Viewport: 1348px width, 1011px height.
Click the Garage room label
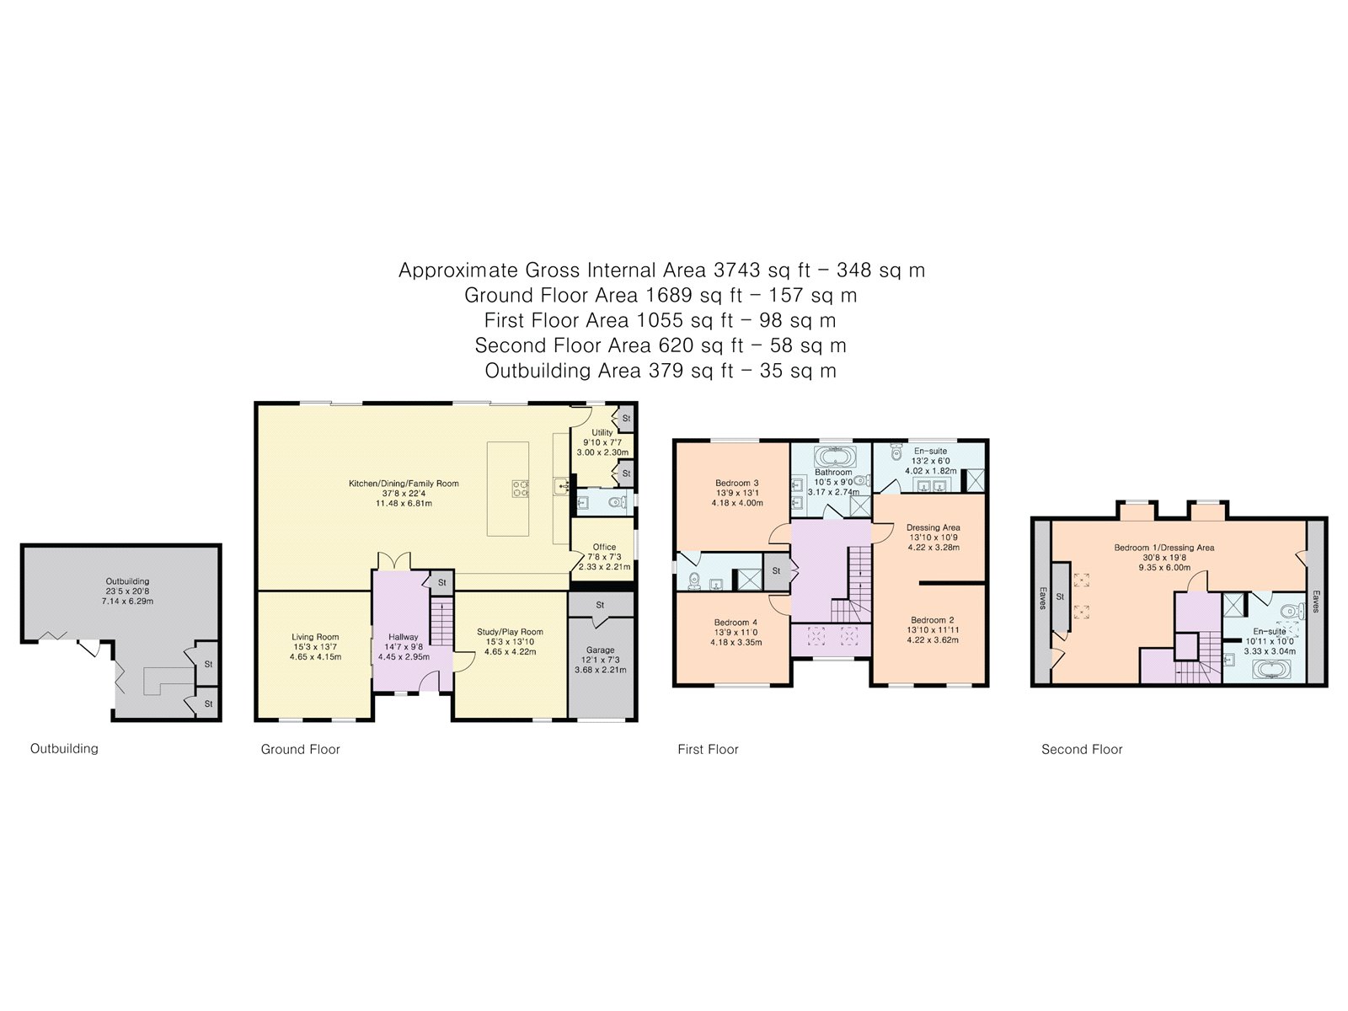[x=600, y=650]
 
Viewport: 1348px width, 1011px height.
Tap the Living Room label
[x=315, y=637]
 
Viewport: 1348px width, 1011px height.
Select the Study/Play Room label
[x=510, y=632]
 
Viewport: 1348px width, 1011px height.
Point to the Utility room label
[x=602, y=432]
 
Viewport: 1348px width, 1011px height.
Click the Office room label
[x=604, y=547]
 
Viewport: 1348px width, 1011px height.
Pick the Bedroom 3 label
[x=737, y=483]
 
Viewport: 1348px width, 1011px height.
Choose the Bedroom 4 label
[x=736, y=623]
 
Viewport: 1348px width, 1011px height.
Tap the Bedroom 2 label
[x=933, y=620]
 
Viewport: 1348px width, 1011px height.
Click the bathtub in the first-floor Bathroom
[x=832, y=457]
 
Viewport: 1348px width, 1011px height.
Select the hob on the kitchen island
[x=520, y=489]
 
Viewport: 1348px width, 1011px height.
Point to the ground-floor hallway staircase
[x=441, y=623]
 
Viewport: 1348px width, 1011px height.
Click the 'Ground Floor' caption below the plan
[x=300, y=749]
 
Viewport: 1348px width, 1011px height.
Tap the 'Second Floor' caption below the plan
[x=1082, y=749]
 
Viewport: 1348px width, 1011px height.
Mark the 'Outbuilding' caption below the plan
[x=65, y=748]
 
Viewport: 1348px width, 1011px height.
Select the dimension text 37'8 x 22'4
[x=404, y=493]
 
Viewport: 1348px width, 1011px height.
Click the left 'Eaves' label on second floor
[x=1042, y=598]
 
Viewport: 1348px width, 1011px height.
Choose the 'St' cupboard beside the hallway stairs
[x=441, y=582]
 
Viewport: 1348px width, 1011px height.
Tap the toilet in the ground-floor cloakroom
[x=618, y=503]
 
